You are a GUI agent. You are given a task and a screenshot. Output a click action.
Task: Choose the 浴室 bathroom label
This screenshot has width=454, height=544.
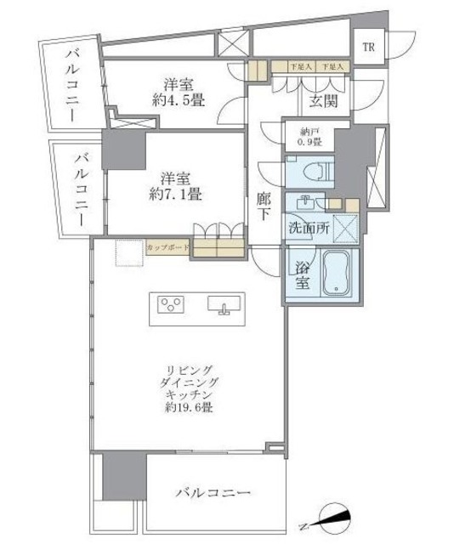point(302,276)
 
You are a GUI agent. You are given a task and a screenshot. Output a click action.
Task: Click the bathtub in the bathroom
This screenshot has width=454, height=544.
point(338,274)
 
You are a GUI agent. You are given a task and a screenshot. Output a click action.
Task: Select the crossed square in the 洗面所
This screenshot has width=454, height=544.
point(344,227)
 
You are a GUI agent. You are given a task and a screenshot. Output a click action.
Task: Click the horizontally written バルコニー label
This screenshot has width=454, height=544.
point(213,493)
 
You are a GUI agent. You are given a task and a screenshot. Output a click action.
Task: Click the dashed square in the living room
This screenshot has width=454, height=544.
point(128,253)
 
